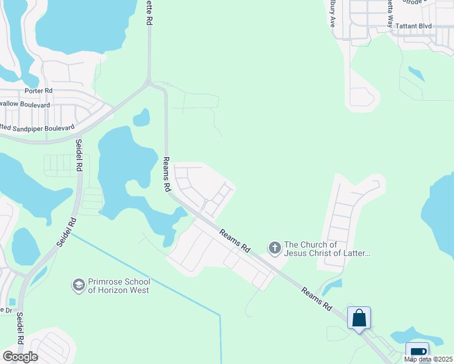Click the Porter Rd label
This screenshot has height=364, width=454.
coord(39,91)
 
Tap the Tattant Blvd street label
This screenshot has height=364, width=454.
coord(413,26)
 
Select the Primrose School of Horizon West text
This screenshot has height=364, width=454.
coord(118,286)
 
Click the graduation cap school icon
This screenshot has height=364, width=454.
coord(78,285)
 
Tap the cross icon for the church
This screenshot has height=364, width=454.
coord(274,247)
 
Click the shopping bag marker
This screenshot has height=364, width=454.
coord(359,317)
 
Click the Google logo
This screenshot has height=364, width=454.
coord(20,356)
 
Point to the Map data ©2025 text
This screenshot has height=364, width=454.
coord(429,359)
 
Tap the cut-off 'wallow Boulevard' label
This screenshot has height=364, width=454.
coord(25,104)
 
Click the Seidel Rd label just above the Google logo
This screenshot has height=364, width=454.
coord(20,328)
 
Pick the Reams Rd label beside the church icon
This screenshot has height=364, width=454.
coord(235,240)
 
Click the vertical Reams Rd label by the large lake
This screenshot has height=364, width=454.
coord(166,175)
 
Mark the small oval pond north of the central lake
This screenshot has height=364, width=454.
coord(141,117)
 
